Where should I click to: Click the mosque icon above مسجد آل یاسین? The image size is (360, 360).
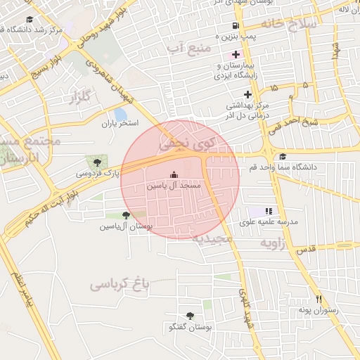tap(174, 175)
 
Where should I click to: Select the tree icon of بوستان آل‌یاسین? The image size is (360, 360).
tap(126, 215)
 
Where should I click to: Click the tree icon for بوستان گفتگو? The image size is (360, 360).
tap(190, 316)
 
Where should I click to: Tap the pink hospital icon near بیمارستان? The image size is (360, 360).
tap(235, 54)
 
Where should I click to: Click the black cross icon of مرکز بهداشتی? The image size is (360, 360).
tap(247, 94)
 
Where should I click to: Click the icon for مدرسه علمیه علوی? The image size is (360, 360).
tap(268, 210)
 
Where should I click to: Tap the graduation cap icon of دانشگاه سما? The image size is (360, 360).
tap(283, 156)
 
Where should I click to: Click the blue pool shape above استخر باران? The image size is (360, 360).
tap(120, 114)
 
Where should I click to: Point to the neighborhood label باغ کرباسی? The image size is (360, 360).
tap(120, 284)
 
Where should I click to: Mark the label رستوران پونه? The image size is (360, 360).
tap(318, 310)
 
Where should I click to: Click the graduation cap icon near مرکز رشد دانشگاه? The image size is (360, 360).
tap(30, 19)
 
